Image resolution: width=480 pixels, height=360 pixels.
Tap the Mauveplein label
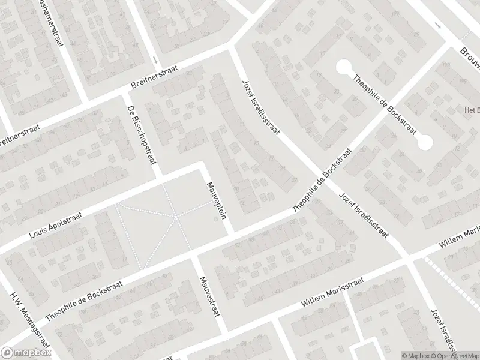(x=216, y=200)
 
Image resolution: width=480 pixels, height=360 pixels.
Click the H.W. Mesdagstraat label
(x=27, y=317)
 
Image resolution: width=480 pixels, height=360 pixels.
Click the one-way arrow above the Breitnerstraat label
(x=155, y=60)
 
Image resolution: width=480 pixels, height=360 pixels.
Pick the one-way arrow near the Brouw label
(x=439, y=27)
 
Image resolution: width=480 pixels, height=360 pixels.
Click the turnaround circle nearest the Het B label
(x=425, y=143)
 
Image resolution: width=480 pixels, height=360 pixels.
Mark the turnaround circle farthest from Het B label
(x=344, y=67)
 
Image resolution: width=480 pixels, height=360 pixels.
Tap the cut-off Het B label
(x=470, y=110)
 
